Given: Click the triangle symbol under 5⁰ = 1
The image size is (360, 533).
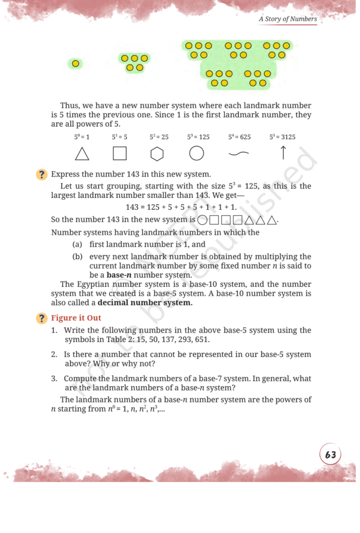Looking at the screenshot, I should click(x=82, y=154).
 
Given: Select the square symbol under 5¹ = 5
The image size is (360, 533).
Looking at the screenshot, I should click(x=120, y=154).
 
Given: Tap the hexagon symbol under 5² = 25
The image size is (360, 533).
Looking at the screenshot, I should click(x=158, y=154).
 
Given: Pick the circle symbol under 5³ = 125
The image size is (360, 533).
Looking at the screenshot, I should click(x=196, y=154).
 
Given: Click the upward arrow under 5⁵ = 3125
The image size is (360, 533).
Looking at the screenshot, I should click(x=284, y=153).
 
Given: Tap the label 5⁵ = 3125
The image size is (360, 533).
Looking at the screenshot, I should click(x=282, y=137).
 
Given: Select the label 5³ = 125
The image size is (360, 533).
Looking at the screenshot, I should click(x=198, y=137).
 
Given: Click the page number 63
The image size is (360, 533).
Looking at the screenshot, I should click(x=330, y=455).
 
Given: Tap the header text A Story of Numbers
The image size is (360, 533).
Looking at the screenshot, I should click(x=288, y=19).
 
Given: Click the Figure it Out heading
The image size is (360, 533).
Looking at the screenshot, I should click(x=76, y=318).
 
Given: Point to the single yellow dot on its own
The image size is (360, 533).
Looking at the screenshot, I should click(x=75, y=64).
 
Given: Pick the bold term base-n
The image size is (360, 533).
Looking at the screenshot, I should click(x=120, y=275).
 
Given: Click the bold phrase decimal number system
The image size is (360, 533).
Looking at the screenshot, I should click(x=145, y=303).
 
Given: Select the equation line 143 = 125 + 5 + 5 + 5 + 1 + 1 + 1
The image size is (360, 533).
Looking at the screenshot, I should click(x=177, y=207).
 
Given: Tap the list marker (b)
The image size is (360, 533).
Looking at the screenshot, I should click(x=77, y=256).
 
